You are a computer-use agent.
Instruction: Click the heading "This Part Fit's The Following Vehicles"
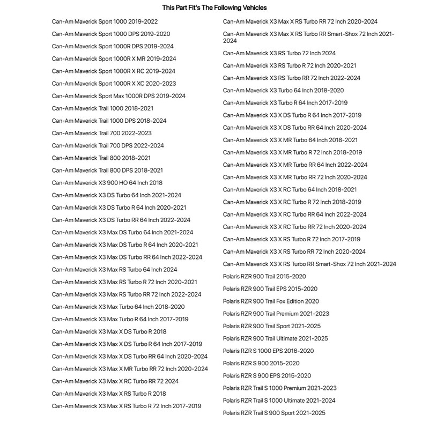[214, 8]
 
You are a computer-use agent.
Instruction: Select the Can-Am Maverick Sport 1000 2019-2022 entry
[105, 21]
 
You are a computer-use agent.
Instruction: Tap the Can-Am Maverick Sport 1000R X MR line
[114, 58]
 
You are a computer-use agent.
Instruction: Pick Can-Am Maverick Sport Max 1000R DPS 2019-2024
[119, 96]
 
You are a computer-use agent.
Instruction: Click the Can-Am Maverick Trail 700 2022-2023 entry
[101, 133]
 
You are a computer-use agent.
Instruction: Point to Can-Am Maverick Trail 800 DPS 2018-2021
[107, 171]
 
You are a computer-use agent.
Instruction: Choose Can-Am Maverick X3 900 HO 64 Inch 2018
[107, 183]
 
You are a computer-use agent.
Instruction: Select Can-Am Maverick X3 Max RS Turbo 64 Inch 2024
[114, 270]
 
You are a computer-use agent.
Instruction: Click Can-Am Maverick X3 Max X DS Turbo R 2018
[109, 331]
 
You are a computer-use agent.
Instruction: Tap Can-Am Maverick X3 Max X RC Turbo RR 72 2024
[115, 381]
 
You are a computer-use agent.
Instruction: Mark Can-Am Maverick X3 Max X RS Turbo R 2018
[109, 394]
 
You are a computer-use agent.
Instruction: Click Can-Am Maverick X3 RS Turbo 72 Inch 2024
[279, 53]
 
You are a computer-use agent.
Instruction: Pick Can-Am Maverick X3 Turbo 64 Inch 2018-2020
[283, 90]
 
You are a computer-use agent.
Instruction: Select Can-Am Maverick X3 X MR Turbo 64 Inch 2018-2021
[290, 140]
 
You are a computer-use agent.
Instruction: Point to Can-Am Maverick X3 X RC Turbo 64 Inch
[290, 189]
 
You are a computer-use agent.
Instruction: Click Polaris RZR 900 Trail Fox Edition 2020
[271, 301]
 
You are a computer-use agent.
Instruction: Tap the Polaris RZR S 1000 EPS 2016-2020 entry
[268, 351]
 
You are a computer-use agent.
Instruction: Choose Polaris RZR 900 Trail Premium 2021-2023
[276, 314]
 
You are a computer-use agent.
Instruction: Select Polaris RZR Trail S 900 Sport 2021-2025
[274, 413]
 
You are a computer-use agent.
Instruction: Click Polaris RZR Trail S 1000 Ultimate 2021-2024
[279, 401]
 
